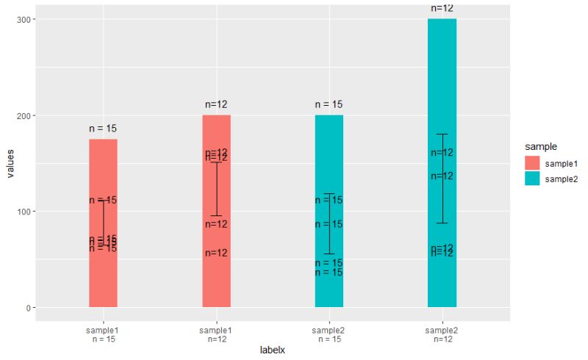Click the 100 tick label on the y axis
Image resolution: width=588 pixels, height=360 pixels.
[x=20, y=212]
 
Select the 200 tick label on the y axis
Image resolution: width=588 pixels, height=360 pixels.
[x=20, y=115]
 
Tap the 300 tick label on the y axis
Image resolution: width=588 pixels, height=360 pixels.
[x=20, y=20]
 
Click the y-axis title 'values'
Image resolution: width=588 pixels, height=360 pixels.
[x=10, y=163]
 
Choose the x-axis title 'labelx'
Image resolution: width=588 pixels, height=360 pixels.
[x=272, y=350]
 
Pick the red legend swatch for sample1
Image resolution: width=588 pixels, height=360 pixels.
[x=531, y=162]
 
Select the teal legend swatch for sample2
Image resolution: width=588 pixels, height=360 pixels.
[x=531, y=179]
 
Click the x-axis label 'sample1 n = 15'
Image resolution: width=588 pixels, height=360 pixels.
[x=103, y=335]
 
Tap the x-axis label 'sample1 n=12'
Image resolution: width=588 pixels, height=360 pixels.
[x=216, y=335]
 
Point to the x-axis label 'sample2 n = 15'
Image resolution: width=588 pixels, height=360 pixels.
[x=329, y=335]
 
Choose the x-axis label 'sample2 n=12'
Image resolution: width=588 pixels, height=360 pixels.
[x=442, y=335]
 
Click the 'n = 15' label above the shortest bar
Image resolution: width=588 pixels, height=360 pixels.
[x=103, y=129]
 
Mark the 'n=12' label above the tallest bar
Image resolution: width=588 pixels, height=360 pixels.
[x=442, y=8]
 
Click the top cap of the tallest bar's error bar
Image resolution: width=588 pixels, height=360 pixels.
[x=442, y=134]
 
